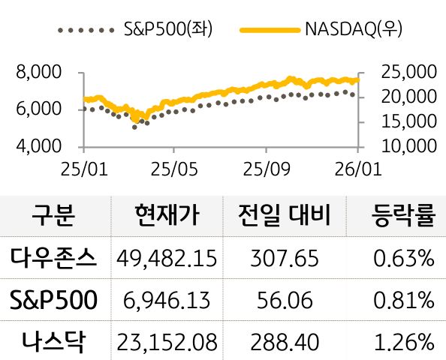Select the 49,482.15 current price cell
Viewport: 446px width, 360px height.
coord(167,259)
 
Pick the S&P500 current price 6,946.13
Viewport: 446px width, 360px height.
coord(167,301)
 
